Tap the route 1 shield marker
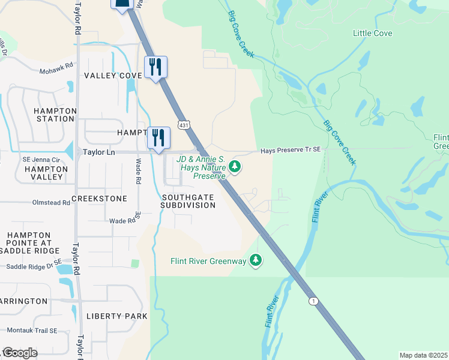313,300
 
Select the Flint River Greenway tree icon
256,260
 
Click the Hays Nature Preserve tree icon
236,167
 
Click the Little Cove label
372,33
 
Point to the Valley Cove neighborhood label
112,75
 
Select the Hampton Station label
55,115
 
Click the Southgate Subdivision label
188,200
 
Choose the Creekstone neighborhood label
99,198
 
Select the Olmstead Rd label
50,203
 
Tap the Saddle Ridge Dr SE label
34,262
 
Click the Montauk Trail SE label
32,331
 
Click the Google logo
20,353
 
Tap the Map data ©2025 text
423,355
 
